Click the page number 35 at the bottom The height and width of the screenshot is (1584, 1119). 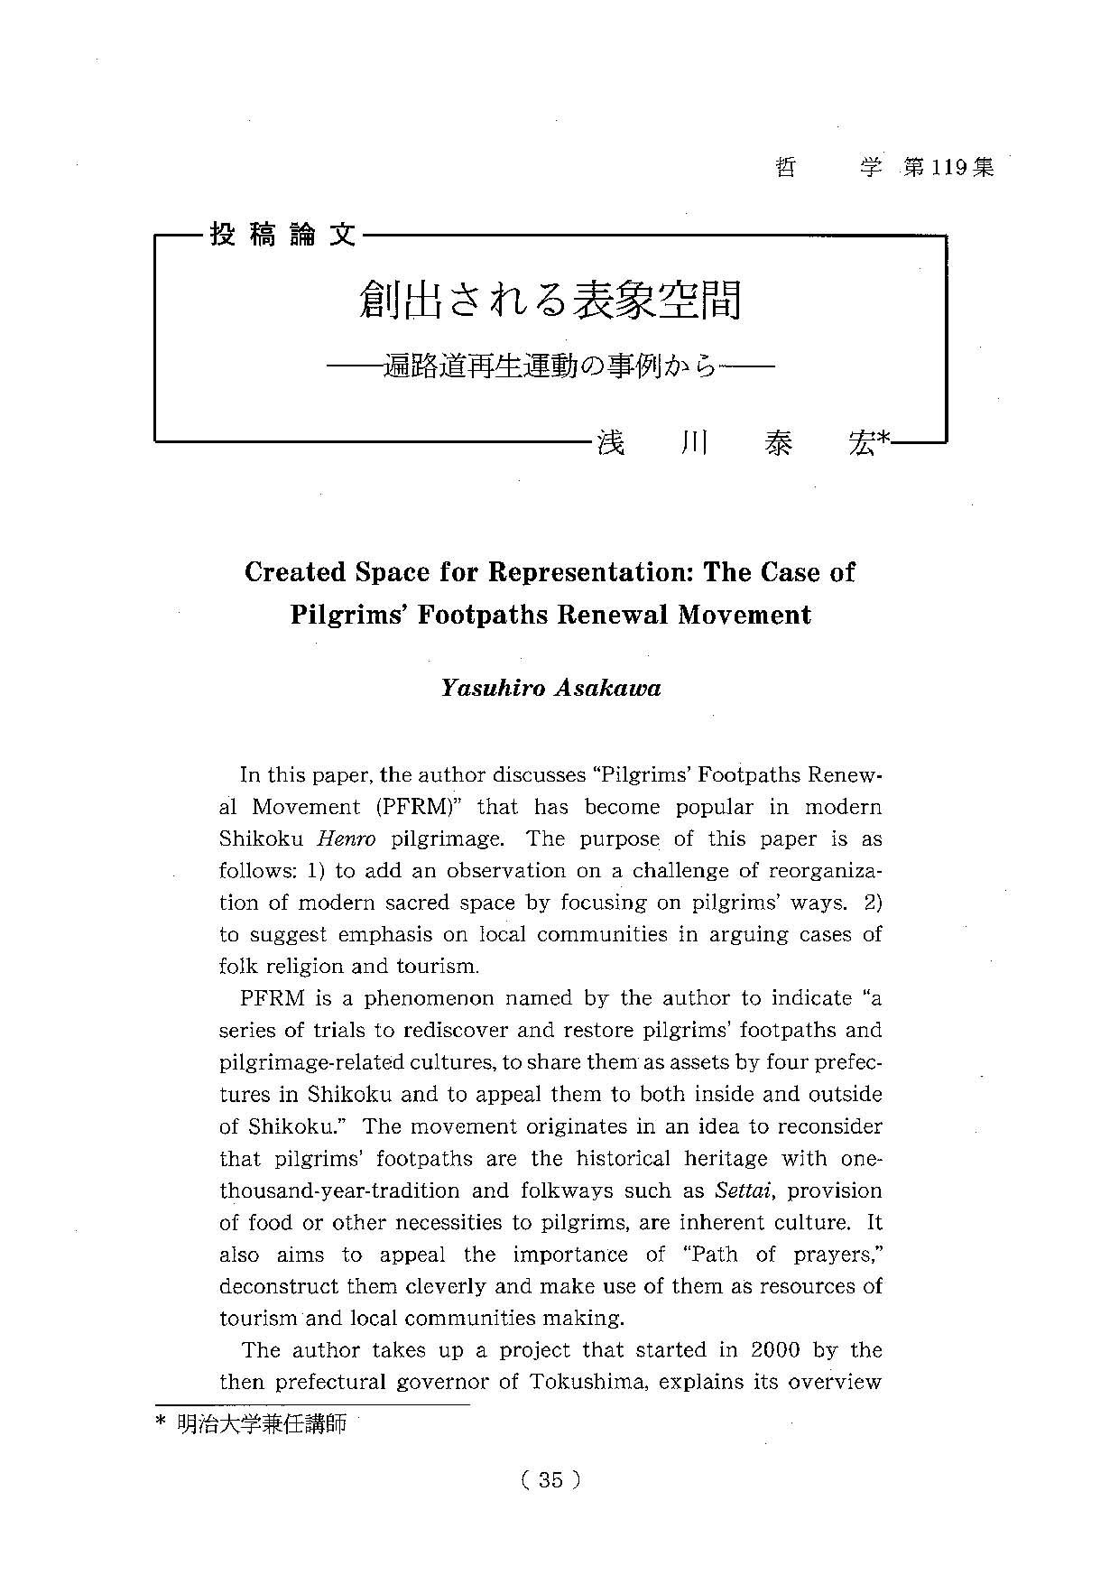[550, 1479]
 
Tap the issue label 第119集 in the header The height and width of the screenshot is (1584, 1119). [948, 168]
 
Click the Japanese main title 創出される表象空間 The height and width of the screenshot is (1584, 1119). [550, 301]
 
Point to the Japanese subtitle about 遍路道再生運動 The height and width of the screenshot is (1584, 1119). [550, 367]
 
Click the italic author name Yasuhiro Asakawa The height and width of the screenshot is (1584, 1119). [550, 688]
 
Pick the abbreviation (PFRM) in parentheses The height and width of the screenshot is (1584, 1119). [413, 807]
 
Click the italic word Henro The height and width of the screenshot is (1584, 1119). [341, 838]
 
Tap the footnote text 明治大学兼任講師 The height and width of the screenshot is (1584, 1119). [262, 1425]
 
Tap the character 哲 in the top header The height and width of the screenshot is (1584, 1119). [786, 168]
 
